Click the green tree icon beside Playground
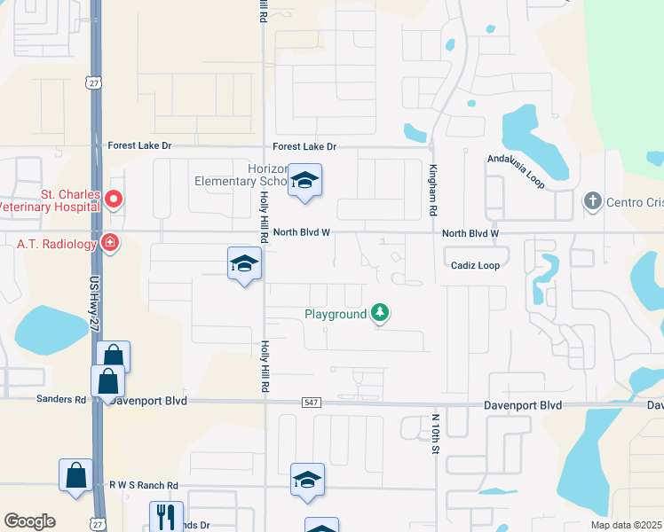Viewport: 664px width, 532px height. pos(380,312)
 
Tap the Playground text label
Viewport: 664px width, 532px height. pos(336,314)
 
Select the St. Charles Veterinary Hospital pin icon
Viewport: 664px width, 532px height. pos(114,199)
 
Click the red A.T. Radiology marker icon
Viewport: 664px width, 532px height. pos(110,242)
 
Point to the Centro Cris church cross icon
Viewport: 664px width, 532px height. pos(593,201)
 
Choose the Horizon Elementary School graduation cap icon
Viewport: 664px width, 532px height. pos(304,182)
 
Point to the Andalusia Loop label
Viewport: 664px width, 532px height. pos(515,165)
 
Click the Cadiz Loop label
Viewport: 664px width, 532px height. pos(476,264)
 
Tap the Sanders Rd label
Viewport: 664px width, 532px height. pos(61,399)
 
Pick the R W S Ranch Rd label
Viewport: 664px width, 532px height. pos(144,485)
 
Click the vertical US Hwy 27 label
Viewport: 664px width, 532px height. pos(95,302)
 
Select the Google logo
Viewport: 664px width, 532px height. pos(29,521)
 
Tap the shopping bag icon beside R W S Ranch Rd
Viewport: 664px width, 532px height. pos(76,474)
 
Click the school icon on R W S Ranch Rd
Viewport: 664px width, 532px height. pos(307,480)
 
